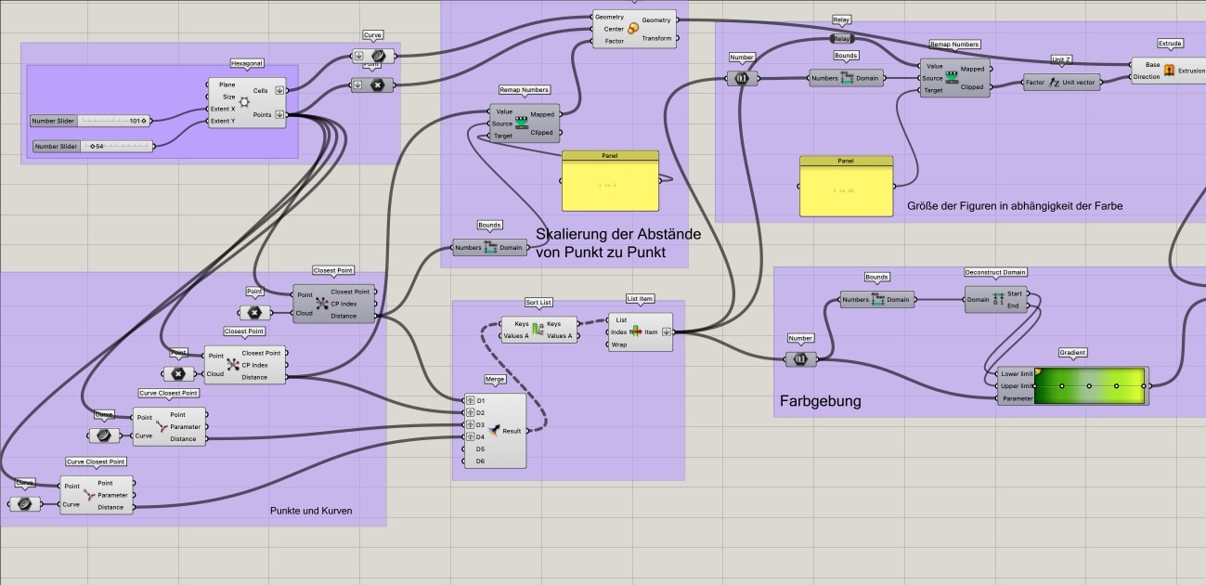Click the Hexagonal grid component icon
click(244, 102)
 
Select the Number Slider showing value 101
click(90, 121)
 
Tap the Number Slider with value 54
click(93, 147)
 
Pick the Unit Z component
click(1061, 83)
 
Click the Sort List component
click(537, 330)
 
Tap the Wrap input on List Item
click(618, 344)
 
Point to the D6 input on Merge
click(480, 461)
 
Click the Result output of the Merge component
click(512, 432)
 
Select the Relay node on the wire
click(841, 39)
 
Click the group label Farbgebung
click(820, 402)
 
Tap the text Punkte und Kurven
click(311, 511)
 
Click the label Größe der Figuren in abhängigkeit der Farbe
click(1014, 206)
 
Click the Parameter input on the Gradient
click(1017, 398)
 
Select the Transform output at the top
click(656, 38)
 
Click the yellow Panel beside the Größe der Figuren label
click(846, 191)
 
